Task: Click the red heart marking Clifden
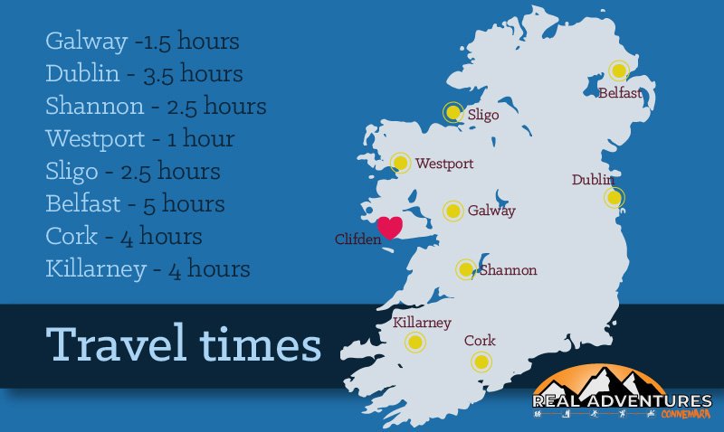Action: pos(390,227)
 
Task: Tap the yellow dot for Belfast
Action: pos(619,70)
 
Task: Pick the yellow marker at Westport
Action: pos(400,163)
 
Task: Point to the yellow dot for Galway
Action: pos(452,211)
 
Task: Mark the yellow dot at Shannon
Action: pos(465,268)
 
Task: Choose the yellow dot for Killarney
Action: pos(414,342)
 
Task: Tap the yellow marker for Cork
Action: pos(480,362)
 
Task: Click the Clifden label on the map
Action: pos(357,239)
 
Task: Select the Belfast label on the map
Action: pos(620,92)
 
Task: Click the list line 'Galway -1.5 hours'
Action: pos(142,42)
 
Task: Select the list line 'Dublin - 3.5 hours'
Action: pos(144,73)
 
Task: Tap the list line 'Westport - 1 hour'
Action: pos(139,138)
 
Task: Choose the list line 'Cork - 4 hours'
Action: pos(123,236)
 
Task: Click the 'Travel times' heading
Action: pos(184,345)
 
